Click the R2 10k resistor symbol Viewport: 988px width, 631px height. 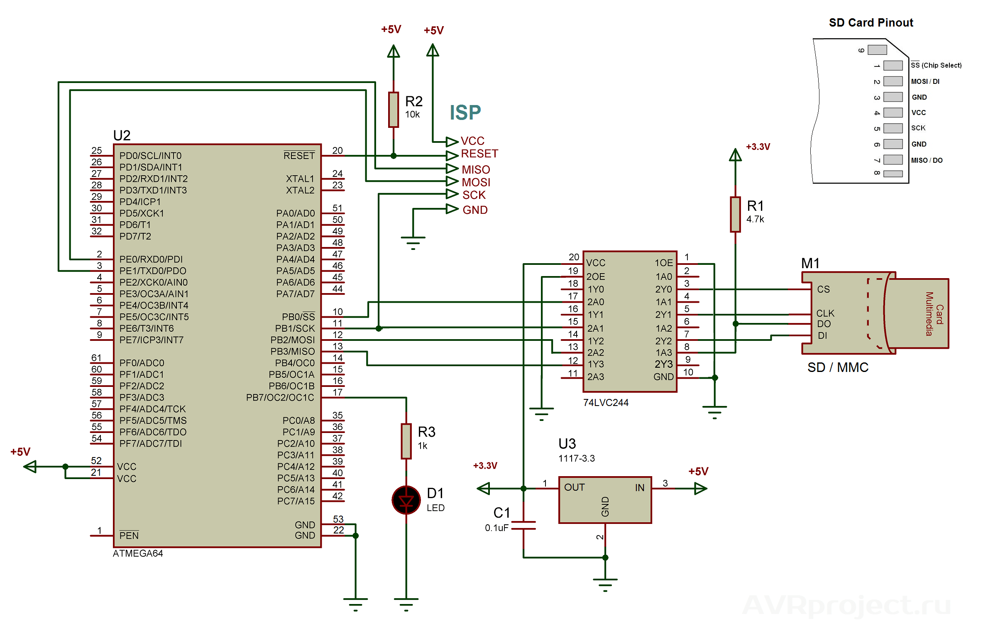pos(393,110)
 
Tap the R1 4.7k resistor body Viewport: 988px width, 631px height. pos(735,214)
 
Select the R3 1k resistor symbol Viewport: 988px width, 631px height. pos(406,441)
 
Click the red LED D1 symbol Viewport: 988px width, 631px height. pos(406,500)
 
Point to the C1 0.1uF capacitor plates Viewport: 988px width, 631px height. pos(523,526)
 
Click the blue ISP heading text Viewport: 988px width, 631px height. pos(465,113)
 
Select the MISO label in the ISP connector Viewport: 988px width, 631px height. pos(476,169)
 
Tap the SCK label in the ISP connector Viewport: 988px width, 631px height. pos(474,195)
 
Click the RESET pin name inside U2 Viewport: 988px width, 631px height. pos(299,156)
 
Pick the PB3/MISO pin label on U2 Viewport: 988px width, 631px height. pos(292,351)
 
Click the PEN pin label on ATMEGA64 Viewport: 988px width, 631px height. pos(129,536)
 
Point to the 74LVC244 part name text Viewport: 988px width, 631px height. pos(605,402)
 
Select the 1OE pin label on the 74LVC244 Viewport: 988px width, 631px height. pos(663,263)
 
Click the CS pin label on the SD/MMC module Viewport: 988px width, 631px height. pos(823,289)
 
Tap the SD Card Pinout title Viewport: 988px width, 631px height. pos(871,22)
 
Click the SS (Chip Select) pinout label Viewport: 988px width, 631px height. pos(936,65)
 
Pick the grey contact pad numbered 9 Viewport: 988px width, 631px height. pos(877,50)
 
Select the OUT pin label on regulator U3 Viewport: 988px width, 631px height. pos(574,487)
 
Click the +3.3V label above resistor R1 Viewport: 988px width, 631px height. pos(758,147)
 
